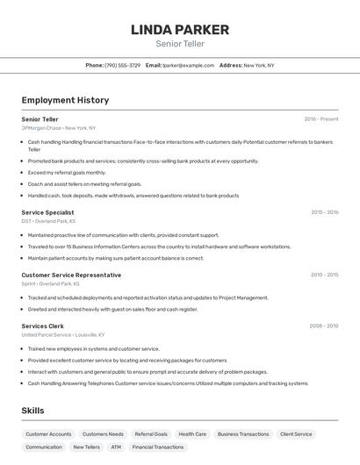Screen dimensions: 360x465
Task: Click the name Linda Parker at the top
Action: coord(180,29)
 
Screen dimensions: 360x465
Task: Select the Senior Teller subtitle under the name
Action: coord(180,44)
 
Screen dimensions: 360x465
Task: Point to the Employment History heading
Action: coord(65,100)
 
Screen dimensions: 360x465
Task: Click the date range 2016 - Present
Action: coord(320,119)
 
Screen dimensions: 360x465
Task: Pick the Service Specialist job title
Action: coord(47,212)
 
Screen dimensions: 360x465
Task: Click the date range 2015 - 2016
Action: coord(324,212)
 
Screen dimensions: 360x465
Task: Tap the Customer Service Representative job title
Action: coord(71,275)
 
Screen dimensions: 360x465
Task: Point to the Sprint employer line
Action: coord(50,283)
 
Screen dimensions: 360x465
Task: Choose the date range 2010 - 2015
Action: coord(324,275)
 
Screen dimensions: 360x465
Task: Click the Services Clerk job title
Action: coord(42,325)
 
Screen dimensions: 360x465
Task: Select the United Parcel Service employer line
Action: coord(62,334)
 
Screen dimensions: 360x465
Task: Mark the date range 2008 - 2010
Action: coord(324,325)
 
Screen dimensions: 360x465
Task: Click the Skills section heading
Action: coord(32,411)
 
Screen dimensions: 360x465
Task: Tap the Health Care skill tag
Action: coord(192,433)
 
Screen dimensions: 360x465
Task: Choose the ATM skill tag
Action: coord(116,447)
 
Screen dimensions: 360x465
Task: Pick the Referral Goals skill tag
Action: coord(151,433)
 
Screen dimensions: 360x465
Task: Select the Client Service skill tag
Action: coord(296,433)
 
